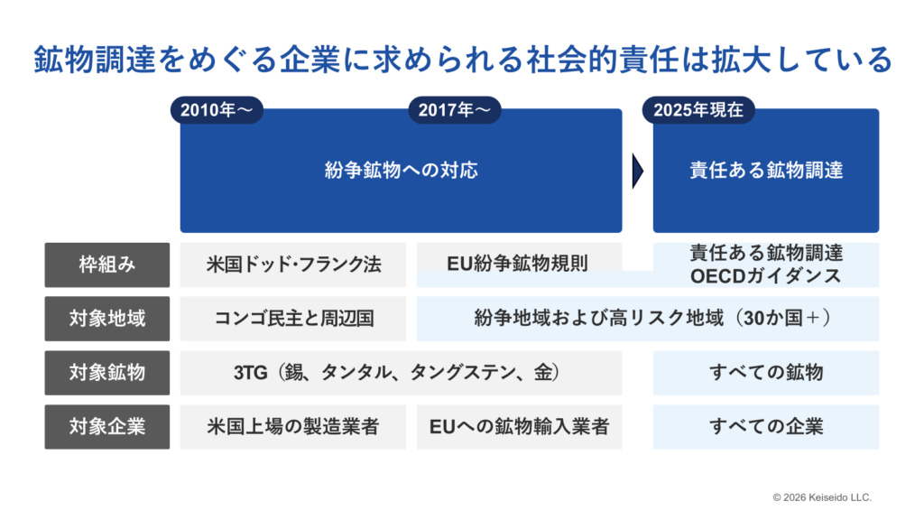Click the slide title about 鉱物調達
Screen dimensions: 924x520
click(x=463, y=60)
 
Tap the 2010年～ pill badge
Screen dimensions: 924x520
click(x=217, y=110)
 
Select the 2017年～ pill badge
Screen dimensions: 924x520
click(x=455, y=110)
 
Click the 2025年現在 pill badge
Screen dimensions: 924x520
click(x=698, y=110)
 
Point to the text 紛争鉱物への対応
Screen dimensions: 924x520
click(x=401, y=171)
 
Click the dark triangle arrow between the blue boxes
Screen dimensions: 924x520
click(x=638, y=172)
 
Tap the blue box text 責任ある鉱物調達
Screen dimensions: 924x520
click(x=766, y=171)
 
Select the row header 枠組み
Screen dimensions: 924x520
click(x=107, y=265)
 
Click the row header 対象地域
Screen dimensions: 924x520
click(x=107, y=319)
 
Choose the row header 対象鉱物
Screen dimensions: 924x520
click(x=107, y=373)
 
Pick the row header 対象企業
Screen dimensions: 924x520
click(x=107, y=427)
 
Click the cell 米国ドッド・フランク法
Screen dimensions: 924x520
click(x=293, y=265)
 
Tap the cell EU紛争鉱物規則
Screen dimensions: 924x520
click(x=519, y=263)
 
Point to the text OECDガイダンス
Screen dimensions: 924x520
click(x=765, y=276)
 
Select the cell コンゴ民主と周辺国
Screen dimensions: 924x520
click(x=293, y=319)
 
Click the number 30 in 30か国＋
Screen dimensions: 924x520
click(x=753, y=319)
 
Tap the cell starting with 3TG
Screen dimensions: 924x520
click(x=401, y=373)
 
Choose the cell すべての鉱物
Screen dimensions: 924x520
click(x=766, y=373)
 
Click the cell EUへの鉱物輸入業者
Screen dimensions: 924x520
click(x=519, y=427)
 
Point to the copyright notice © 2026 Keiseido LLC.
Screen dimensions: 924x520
click(x=822, y=497)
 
